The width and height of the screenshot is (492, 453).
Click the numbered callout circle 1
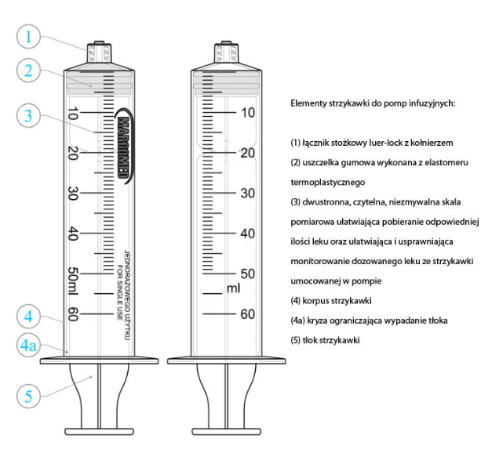29,37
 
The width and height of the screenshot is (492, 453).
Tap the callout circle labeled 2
29,71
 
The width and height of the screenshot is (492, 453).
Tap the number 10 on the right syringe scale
247,112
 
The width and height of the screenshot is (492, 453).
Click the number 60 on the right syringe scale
247,314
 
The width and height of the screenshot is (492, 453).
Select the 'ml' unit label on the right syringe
233,288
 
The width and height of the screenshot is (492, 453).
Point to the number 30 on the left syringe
74,193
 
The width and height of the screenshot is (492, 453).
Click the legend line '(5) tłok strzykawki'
330,340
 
